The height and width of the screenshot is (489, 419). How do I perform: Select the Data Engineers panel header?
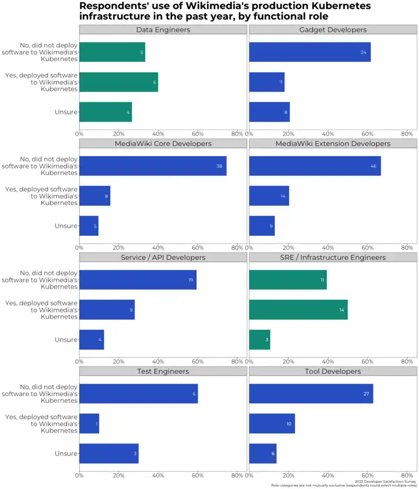[163, 29]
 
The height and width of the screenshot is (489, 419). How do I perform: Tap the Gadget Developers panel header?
[333, 29]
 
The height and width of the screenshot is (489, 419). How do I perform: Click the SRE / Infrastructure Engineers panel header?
[333, 257]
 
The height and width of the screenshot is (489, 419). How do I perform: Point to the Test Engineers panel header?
[163, 371]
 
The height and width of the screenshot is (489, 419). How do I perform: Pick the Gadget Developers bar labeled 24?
[310, 52]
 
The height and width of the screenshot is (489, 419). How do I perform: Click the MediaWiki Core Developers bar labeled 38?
[152, 166]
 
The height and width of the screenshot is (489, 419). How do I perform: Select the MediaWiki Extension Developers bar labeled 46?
[315, 166]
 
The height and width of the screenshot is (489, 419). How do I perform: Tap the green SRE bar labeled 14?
[298, 310]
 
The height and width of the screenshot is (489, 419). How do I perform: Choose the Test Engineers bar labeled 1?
[89, 423]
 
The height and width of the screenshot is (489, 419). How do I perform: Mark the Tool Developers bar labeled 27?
[311, 394]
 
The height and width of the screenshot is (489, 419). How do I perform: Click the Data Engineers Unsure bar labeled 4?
[105, 112]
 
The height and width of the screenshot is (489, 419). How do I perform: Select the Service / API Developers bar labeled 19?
[138, 280]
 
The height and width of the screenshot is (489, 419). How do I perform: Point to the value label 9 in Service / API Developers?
[131, 310]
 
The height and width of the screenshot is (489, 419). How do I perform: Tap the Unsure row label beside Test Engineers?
[66, 453]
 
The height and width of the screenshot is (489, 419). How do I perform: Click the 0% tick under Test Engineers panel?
[80, 475]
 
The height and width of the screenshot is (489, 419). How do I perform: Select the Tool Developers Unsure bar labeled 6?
[262, 453]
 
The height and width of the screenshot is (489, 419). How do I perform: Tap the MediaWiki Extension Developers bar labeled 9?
[262, 226]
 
